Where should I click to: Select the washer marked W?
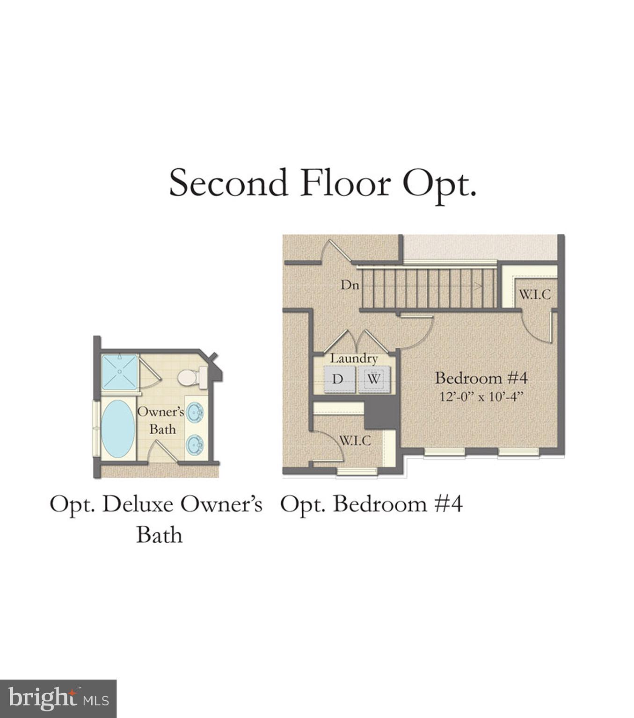pos(373,379)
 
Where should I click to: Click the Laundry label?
pos(354,359)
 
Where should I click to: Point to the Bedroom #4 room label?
pos(481,378)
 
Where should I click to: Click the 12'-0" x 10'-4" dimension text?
pos(481,397)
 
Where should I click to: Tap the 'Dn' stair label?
pos(350,284)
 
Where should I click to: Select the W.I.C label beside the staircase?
pos(534,295)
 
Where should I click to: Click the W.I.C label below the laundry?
pos(355,440)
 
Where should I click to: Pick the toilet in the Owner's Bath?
pos(192,378)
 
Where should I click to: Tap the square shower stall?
pos(120,372)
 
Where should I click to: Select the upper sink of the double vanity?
pos(195,413)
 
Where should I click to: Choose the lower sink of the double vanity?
pos(195,445)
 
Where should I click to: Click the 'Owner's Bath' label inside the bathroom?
pos(161,420)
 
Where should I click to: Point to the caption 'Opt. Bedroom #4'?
pos(372,504)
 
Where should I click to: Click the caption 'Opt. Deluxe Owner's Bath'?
pos(157,519)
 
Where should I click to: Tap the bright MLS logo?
pos(58,699)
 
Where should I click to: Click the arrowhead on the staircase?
pos(478,287)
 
